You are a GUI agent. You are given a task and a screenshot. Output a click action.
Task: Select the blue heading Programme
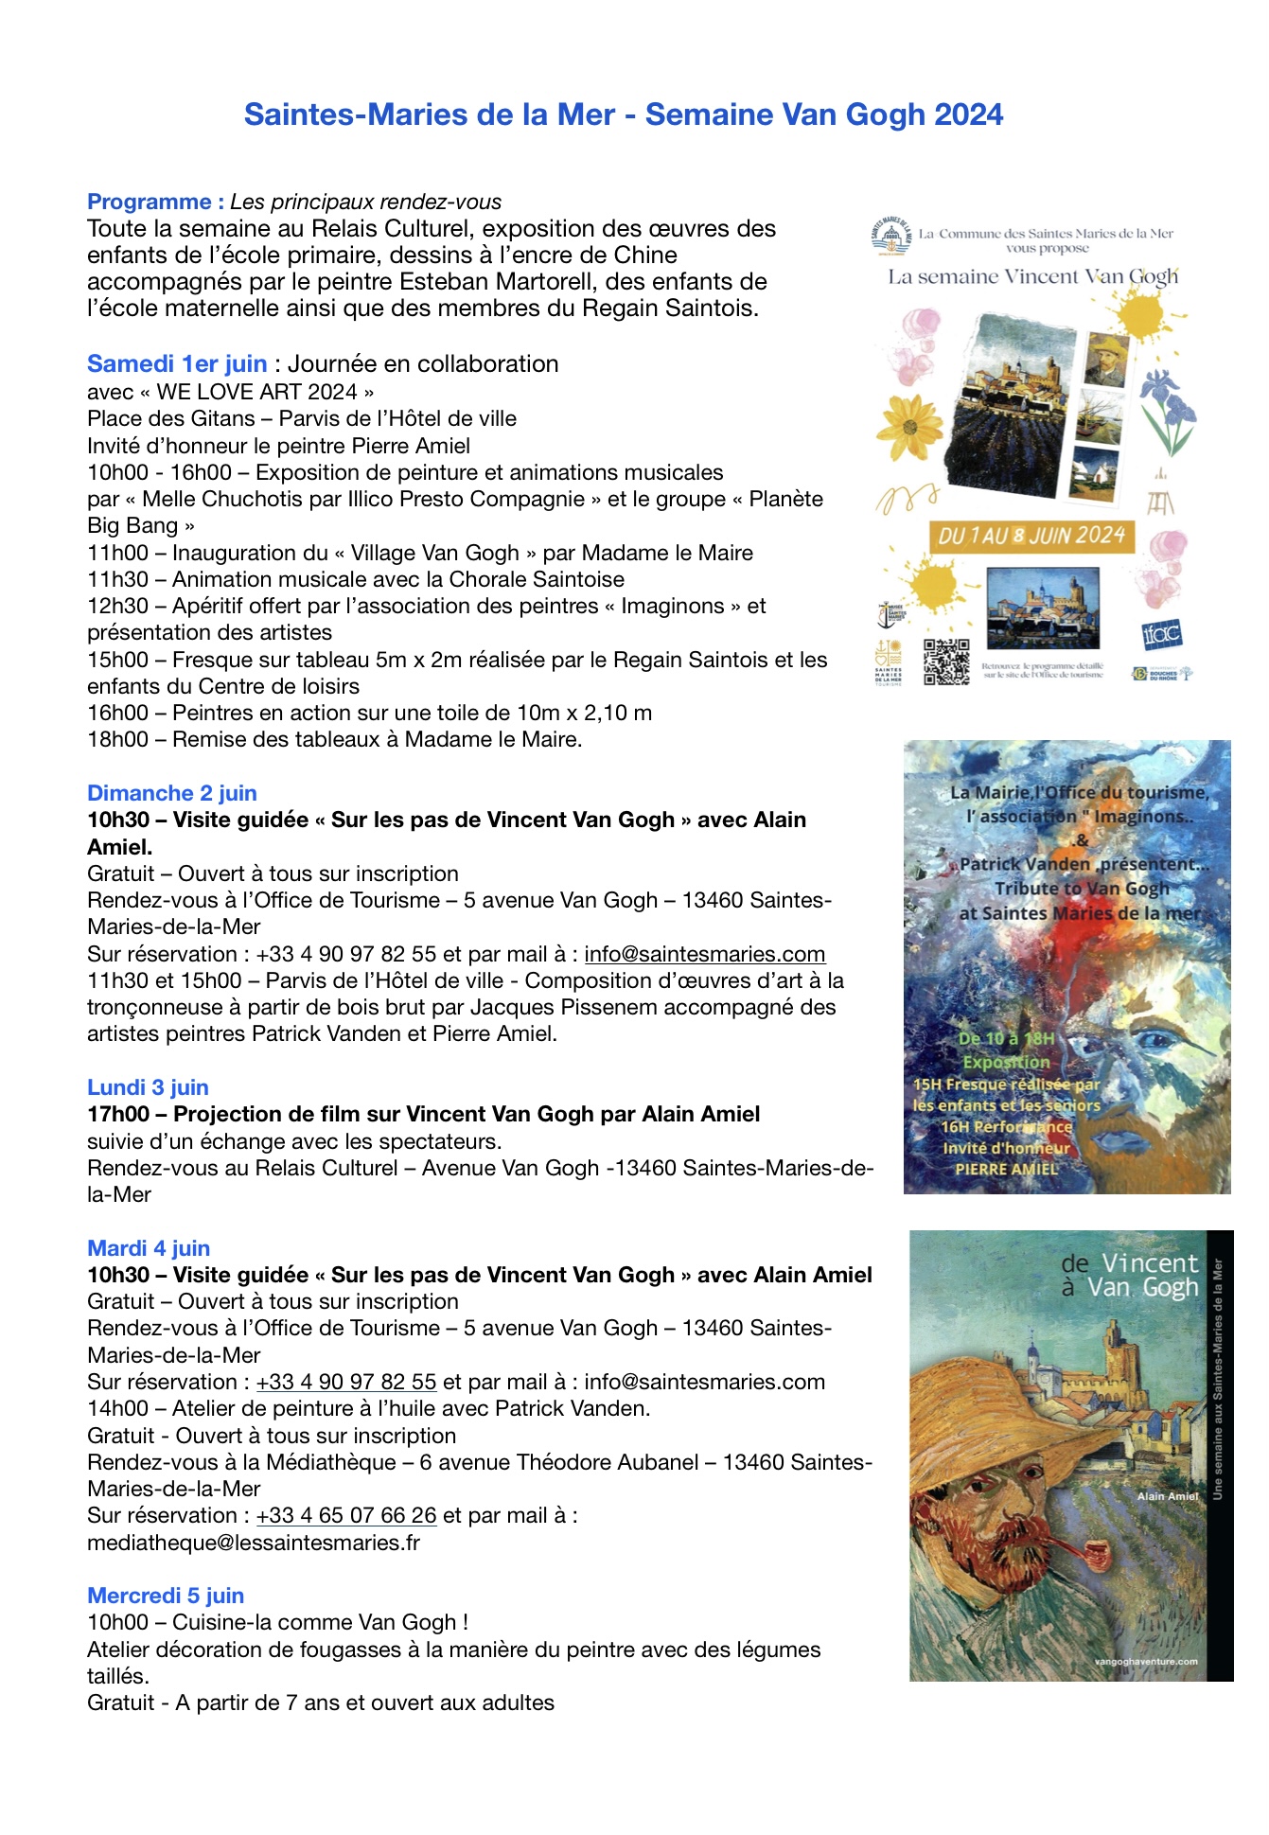(150, 202)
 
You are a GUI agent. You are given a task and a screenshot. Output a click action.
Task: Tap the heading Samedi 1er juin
(177, 364)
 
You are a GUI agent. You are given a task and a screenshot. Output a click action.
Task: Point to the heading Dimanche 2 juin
(172, 793)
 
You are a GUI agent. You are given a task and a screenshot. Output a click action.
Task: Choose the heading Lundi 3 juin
(148, 1087)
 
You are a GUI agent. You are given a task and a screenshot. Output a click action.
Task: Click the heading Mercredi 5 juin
(166, 1596)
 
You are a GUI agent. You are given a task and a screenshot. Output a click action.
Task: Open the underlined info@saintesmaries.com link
(705, 954)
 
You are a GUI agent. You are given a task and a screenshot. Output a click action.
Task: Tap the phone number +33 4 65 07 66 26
(346, 1515)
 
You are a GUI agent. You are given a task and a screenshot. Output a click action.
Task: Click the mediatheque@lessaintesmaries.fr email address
(254, 1543)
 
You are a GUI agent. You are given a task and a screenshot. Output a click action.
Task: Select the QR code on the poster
(946, 661)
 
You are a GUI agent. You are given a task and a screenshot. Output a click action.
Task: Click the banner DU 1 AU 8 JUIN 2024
(1031, 536)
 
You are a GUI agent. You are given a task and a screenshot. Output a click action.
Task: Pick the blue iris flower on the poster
(1168, 408)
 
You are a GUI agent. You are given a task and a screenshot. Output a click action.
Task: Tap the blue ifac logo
(1161, 633)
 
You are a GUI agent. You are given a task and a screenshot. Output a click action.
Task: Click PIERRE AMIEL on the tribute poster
(1006, 1169)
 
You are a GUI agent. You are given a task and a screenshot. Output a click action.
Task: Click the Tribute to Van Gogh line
(1082, 889)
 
